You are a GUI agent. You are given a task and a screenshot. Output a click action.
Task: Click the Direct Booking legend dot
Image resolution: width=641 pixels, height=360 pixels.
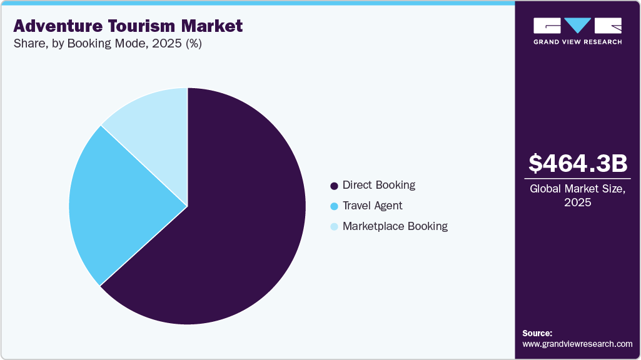pyautogui.click(x=334, y=186)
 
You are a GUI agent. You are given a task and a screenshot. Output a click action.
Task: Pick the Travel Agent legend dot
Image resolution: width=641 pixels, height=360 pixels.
pyautogui.click(x=334, y=206)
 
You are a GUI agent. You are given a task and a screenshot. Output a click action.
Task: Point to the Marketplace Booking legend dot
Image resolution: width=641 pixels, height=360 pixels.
pyautogui.click(x=334, y=227)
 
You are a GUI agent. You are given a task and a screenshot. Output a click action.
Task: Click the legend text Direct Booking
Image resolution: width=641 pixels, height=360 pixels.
pyautogui.click(x=379, y=185)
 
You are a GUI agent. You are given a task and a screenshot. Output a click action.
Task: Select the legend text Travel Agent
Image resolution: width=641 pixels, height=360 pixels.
pyautogui.click(x=373, y=206)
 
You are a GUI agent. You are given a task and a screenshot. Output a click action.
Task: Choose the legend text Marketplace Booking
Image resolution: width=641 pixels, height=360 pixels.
pyautogui.click(x=395, y=226)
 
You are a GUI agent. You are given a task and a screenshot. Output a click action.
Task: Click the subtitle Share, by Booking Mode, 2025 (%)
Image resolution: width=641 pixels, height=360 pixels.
pyautogui.click(x=107, y=44)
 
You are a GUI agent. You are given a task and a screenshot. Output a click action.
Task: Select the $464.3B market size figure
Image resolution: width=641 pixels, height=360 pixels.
pyautogui.click(x=577, y=163)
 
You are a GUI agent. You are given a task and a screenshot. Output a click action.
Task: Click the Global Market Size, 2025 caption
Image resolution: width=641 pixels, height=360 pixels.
pyautogui.click(x=577, y=196)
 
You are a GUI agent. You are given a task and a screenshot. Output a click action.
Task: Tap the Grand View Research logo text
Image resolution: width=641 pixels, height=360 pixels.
pyautogui.click(x=577, y=42)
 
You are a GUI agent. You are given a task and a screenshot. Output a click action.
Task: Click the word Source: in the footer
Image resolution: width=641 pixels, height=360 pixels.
pyautogui.click(x=537, y=333)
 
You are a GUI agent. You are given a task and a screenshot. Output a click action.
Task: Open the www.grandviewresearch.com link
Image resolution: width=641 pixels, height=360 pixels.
pyautogui.click(x=577, y=344)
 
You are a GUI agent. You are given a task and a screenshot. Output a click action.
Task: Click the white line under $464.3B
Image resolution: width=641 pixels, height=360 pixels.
pyautogui.click(x=577, y=179)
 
